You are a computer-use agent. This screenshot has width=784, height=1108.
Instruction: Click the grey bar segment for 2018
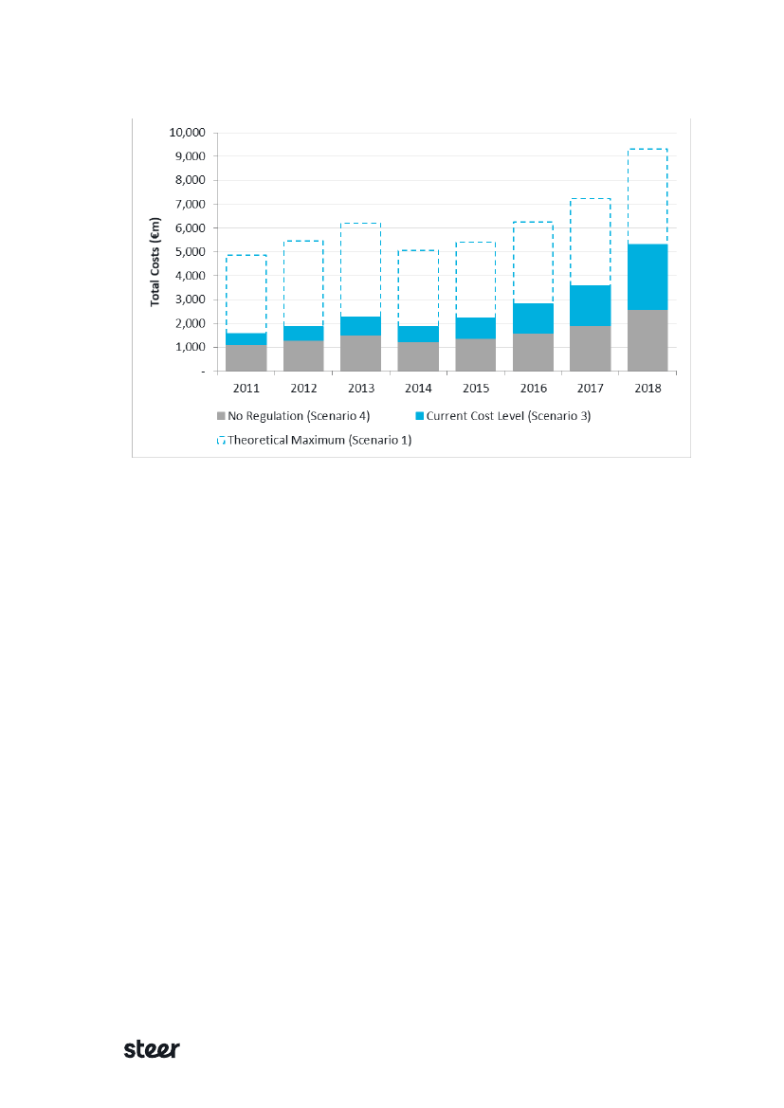point(647,340)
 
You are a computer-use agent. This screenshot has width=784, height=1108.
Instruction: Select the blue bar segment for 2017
point(590,305)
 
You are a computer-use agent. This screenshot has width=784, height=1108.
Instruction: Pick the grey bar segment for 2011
point(246,358)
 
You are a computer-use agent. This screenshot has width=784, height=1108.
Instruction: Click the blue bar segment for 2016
point(533,318)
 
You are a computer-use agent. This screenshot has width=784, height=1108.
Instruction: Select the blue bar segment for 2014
point(418,334)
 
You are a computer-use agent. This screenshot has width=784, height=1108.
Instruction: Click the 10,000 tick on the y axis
point(192,132)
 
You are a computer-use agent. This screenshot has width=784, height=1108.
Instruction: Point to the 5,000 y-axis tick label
point(195,252)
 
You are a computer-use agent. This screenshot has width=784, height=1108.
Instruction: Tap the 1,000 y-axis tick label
point(195,348)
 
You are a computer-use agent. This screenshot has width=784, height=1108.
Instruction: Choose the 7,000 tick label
point(195,204)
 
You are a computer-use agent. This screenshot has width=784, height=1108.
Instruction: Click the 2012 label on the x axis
point(303,389)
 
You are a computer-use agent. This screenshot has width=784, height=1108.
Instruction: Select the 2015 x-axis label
point(475,389)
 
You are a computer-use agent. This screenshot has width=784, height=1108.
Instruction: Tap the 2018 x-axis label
point(647,389)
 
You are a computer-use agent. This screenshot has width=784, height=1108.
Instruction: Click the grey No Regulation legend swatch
point(222,416)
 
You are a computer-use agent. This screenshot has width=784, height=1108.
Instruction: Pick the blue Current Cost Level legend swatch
point(420,416)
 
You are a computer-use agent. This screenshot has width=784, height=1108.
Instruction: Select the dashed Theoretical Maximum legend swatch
point(222,440)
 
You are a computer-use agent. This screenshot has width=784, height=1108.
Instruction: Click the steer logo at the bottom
point(152,1049)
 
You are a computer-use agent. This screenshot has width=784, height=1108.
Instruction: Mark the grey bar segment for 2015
point(475,354)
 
